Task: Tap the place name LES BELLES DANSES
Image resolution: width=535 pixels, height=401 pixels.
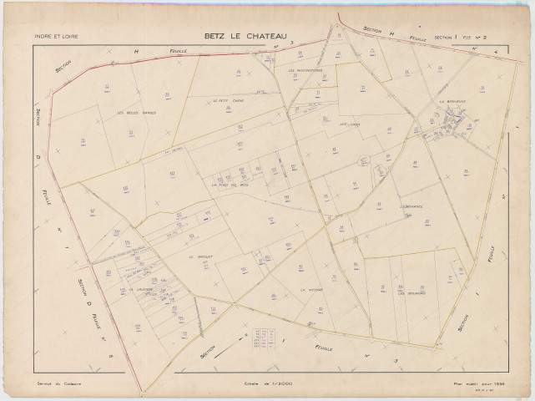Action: pyautogui.click(x=137, y=113)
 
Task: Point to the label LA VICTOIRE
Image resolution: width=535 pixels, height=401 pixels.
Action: pyautogui.click(x=311, y=289)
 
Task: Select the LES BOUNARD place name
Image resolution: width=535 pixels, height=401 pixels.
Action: pyautogui.click(x=411, y=292)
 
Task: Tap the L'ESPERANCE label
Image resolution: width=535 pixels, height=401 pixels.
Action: pyautogui.click(x=411, y=206)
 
